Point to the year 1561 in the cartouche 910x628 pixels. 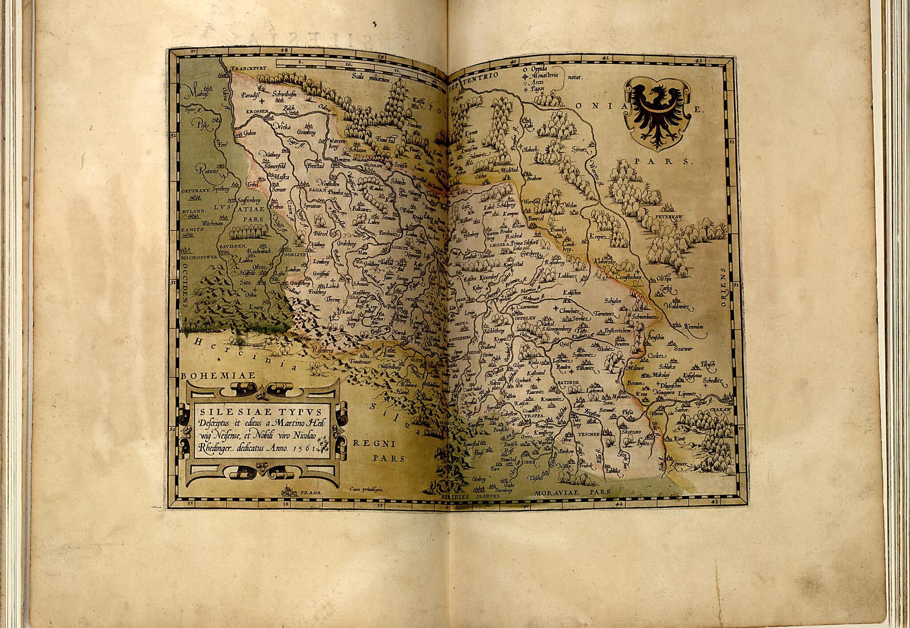coord(307,449)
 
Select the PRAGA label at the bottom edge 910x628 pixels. coord(310,492)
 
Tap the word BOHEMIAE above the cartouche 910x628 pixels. coord(219,376)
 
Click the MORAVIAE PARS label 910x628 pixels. coord(572,492)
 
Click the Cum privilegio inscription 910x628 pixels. coord(366,489)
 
